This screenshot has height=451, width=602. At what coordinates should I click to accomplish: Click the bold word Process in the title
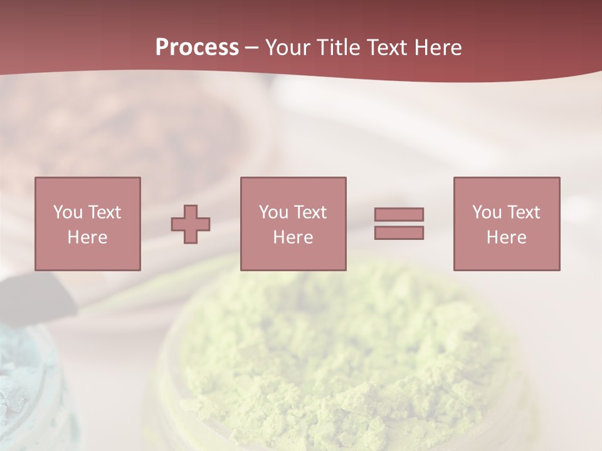pyautogui.click(x=197, y=48)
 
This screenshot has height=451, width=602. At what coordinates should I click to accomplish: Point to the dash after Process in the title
pyautogui.click(x=252, y=48)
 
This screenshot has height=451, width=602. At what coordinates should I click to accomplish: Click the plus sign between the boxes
pyautogui.click(x=191, y=224)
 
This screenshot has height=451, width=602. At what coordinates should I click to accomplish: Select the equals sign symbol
pyautogui.click(x=399, y=224)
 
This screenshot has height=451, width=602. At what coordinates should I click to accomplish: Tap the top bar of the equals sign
pyautogui.click(x=399, y=215)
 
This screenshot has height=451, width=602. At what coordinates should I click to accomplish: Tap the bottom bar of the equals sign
pyautogui.click(x=399, y=232)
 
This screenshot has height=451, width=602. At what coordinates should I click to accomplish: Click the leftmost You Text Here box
pyautogui.click(x=88, y=224)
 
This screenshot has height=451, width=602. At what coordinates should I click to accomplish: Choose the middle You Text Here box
pyautogui.click(x=293, y=224)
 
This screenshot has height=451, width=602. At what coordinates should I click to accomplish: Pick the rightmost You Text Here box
pyautogui.click(x=507, y=224)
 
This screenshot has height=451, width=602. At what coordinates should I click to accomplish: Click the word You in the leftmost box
pyautogui.click(x=68, y=212)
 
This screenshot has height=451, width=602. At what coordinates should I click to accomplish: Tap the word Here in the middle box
pyautogui.click(x=293, y=237)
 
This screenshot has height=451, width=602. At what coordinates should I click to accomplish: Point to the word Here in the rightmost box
pyautogui.click(x=507, y=237)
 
